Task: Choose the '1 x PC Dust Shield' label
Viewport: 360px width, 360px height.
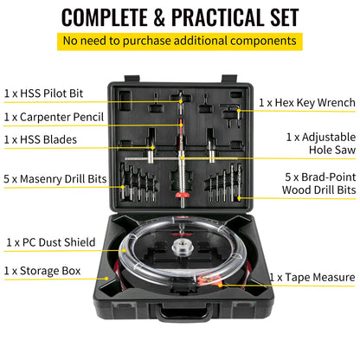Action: coord(50,243)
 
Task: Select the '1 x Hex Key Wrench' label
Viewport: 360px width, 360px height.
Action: coord(307,103)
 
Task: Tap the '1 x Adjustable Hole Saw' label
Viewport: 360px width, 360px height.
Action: coord(320,144)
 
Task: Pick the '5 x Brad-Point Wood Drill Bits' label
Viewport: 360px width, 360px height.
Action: coord(320,183)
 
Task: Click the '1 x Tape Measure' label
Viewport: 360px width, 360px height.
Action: coord(312,278)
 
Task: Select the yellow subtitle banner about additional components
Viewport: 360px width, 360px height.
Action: coord(180,42)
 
